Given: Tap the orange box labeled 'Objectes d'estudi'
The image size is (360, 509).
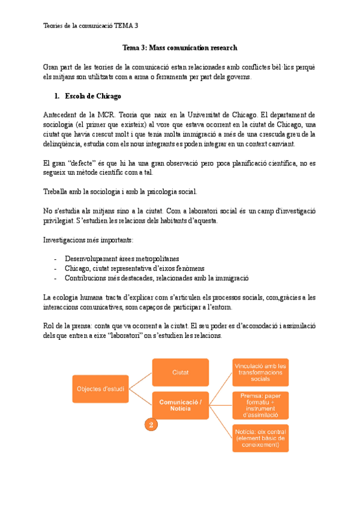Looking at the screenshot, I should point(100,390).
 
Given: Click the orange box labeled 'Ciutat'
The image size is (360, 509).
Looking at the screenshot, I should point(180,372).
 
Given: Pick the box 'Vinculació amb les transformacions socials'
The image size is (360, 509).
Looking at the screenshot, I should point(260,372).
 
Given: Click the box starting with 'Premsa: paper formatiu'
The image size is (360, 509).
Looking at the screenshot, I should point(260,405).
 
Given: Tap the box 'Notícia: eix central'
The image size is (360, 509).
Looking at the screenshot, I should point(260,438).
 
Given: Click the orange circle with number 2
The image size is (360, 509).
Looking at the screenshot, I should point(151,424).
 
